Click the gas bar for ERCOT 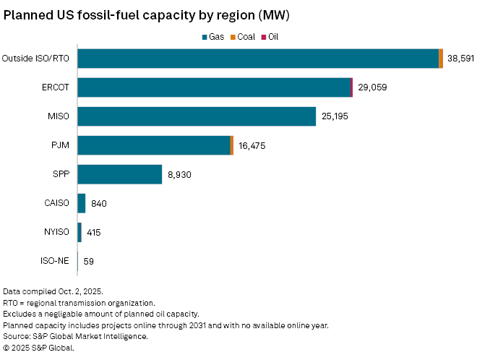click(214, 87)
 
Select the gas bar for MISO click(197, 116)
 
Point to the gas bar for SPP click(119, 174)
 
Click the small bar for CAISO click(82, 203)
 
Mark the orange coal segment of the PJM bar click(232, 145)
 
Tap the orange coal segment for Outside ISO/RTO click(441, 59)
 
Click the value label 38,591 click(460, 59)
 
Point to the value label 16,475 click(252, 145)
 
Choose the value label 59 click(88, 261)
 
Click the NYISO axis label click(57, 232)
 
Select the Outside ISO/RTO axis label click(36, 59)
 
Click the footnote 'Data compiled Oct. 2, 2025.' click(53, 291)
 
